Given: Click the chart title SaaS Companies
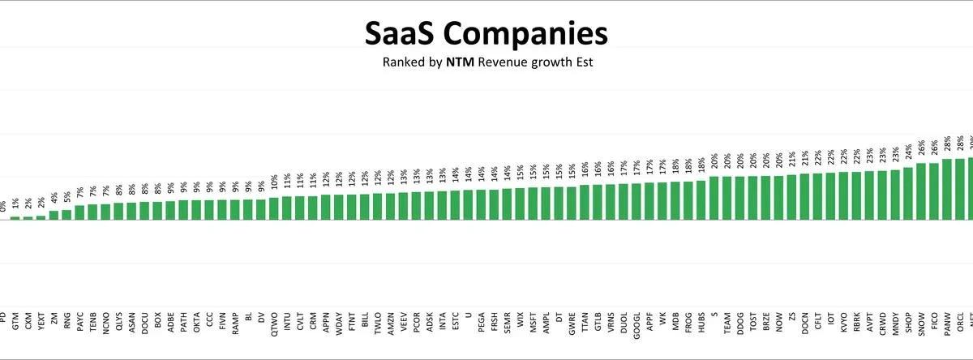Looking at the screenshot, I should point(486,33).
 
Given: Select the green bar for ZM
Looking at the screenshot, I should point(54,215).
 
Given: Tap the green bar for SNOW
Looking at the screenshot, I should point(921,191).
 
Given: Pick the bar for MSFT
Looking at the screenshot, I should point(533,204).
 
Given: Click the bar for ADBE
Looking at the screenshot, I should point(170,210).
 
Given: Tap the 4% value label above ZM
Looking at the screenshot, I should point(54,197).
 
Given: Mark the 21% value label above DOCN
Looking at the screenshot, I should point(804,158).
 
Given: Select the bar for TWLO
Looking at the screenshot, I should point(378,206).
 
